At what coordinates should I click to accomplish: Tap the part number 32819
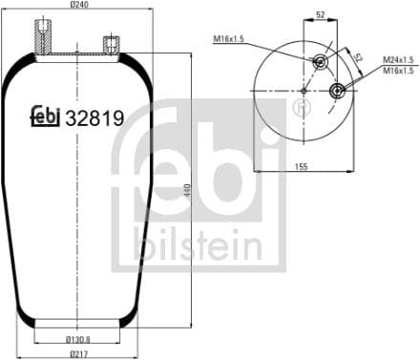coord(95,117)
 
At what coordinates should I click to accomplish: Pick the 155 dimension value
coord(327,167)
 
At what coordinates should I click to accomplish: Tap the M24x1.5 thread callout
coord(397,60)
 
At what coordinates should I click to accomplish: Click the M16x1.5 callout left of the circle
coord(230,39)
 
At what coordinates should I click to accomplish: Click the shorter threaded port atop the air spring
coord(111,44)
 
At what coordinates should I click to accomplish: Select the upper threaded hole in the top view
coord(318,62)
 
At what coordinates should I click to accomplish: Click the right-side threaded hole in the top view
coord(338,91)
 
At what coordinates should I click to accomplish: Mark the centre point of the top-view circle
coord(304,91)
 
